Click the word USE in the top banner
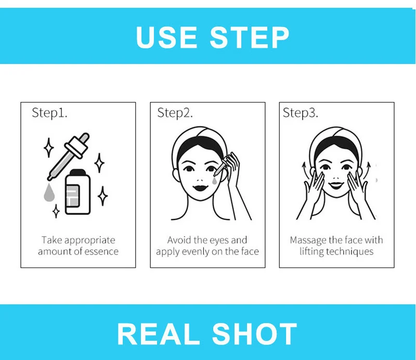[x=167, y=37]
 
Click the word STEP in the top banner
[x=250, y=37]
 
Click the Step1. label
[x=49, y=113]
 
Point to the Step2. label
[x=175, y=113]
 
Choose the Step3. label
[x=300, y=113]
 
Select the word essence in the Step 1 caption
[x=102, y=252]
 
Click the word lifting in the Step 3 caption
[x=311, y=252]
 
